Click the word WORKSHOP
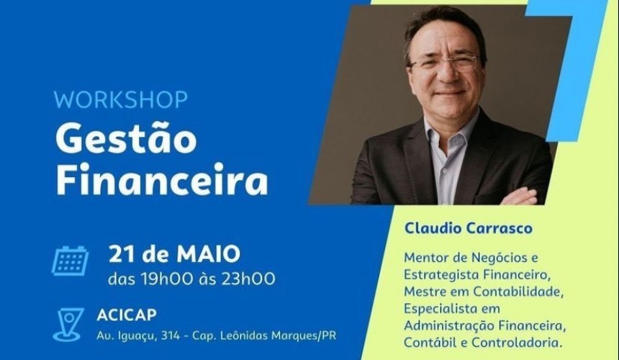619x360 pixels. (120, 99)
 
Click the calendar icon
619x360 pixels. (70, 261)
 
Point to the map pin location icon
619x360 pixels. (68, 324)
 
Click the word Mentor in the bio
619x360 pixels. (426, 257)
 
